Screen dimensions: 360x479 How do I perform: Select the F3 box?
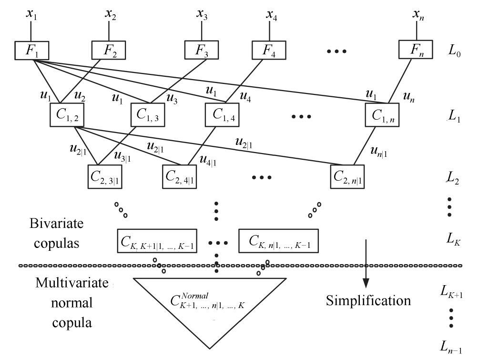click(x=202, y=50)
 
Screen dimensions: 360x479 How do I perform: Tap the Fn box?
click(x=416, y=50)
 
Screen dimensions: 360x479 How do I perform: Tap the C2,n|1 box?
click(x=350, y=176)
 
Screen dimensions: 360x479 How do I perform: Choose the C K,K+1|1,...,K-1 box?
click(x=157, y=241)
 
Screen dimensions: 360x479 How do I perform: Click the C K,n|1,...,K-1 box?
click(x=278, y=241)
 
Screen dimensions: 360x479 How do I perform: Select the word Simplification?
click(x=368, y=301)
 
